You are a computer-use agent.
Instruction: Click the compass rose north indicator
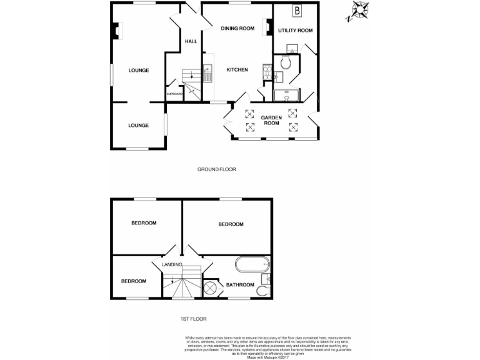[x=359, y=11]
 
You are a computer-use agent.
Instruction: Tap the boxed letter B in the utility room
[x=297, y=11]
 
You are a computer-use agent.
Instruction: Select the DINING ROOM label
[x=237, y=28]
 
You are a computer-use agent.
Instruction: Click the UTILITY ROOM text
[x=295, y=31]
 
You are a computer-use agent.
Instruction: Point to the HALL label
[x=191, y=42]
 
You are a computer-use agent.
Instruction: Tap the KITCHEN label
[x=237, y=70]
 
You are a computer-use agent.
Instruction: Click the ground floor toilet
[x=286, y=62]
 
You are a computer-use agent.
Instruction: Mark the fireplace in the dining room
[x=268, y=26]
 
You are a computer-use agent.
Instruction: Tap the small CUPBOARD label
[x=174, y=94]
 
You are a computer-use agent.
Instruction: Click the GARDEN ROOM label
[x=271, y=120]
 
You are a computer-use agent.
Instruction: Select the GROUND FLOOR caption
[x=216, y=169]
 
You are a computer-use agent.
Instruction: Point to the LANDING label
[x=172, y=265]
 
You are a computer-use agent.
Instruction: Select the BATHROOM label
[x=240, y=285]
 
